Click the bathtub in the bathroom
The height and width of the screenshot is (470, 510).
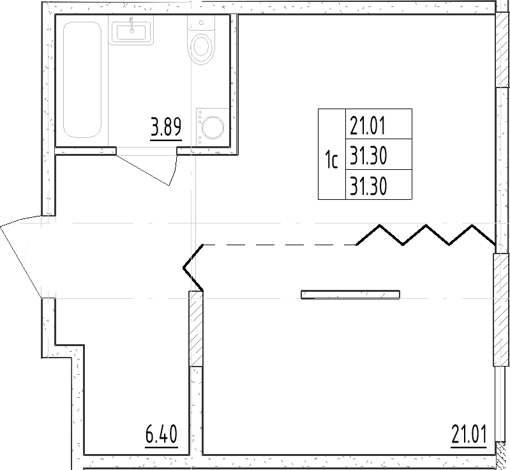click(x=82, y=79)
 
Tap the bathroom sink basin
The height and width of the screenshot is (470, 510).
click(x=131, y=32)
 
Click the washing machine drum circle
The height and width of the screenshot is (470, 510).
click(x=212, y=128)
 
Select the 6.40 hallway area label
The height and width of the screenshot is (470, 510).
click(x=160, y=437)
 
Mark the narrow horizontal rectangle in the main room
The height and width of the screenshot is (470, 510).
click(x=350, y=294)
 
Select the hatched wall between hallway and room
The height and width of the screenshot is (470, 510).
click(x=196, y=328)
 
